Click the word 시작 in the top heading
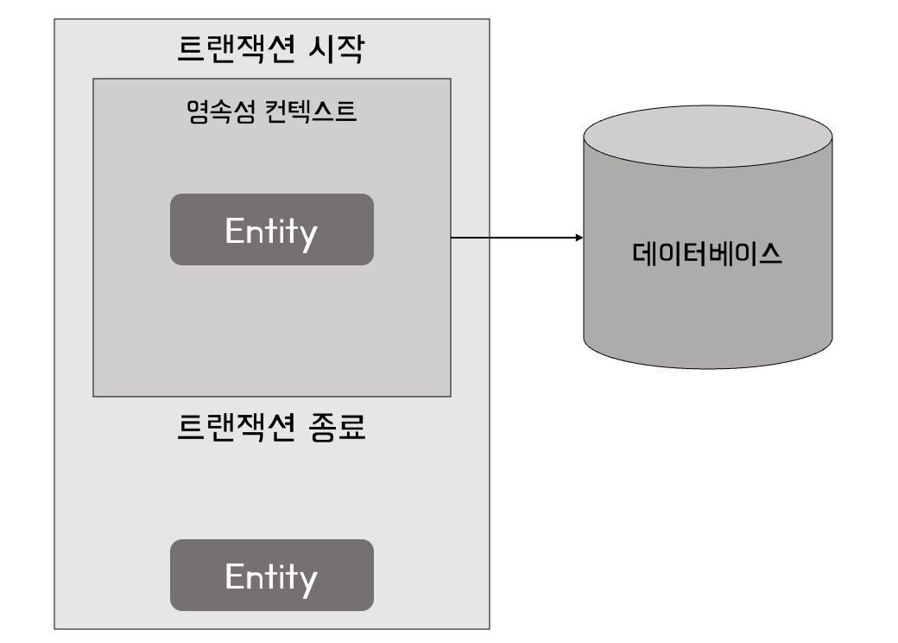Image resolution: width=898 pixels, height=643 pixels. click(x=336, y=49)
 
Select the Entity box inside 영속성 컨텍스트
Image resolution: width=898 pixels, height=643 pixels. click(x=271, y=229)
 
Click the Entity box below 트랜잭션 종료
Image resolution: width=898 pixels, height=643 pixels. click(x=271, y=575)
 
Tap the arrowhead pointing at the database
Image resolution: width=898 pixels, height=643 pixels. click(x=578, y=237)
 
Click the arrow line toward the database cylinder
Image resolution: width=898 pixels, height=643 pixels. click(x=514, y=237)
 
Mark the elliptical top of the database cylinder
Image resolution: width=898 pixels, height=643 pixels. click(x=707, y=137)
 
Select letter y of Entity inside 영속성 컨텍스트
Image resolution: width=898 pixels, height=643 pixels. click(x=308, y=234)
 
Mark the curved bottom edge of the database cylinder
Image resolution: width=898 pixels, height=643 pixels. click(x=707, y=366)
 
